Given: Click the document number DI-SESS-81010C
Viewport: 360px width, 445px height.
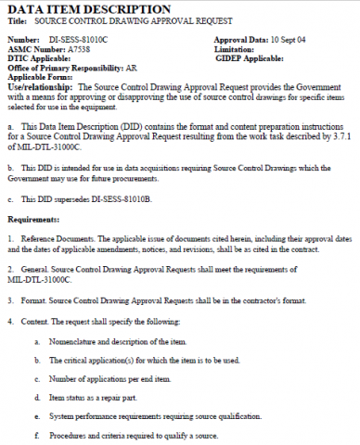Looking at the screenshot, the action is tap(77, 41).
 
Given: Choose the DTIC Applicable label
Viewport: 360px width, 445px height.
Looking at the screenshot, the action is tap(38, 57).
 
